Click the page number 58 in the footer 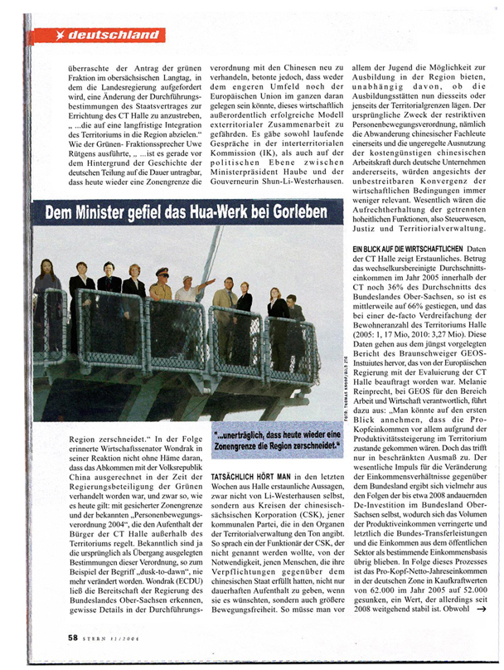(x=73, y=638)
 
